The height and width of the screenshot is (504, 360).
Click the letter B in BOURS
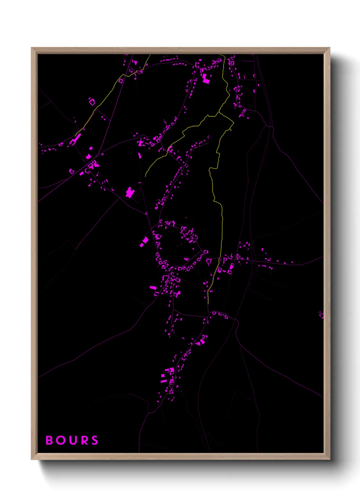(49, 440)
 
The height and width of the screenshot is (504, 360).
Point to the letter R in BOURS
(84, 440)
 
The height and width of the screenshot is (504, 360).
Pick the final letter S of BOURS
(95, 440)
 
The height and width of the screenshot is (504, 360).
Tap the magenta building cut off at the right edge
(321, 315)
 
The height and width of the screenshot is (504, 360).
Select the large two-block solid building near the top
(206, 79)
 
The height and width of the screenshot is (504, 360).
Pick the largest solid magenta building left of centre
(130, 193)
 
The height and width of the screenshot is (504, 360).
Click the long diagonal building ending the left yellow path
(77, 139)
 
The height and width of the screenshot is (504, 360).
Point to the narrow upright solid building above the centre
(139, 156)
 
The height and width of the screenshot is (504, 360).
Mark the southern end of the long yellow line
(208, 303)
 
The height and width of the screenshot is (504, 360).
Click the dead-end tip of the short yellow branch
(146, 176)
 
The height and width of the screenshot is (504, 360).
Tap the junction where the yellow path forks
(219, 112)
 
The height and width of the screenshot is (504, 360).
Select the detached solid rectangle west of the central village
(144, 242)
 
